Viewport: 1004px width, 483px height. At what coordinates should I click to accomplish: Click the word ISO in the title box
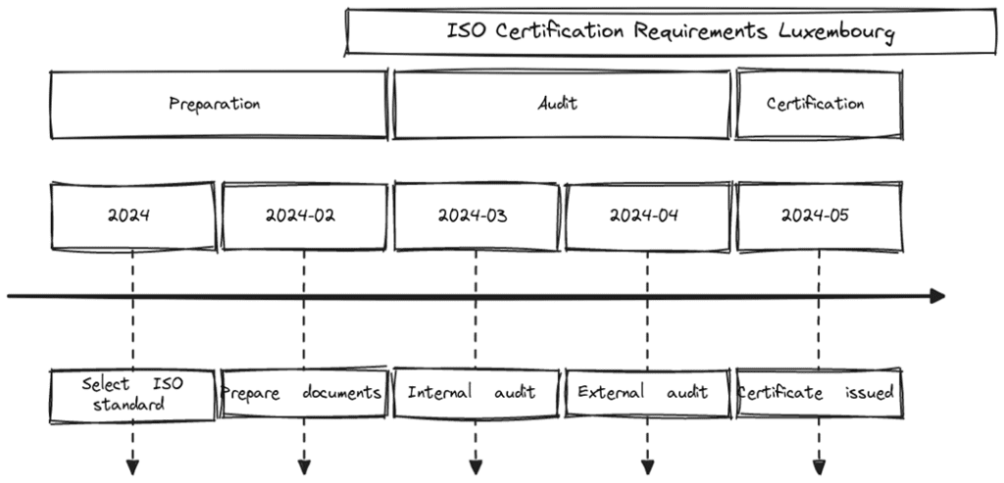pos(467,30)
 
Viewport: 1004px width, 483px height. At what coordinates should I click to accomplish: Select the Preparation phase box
pos(217,104)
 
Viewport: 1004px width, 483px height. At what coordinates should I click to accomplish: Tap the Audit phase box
pos(561,104)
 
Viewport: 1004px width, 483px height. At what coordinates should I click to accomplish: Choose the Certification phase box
pos(819,104)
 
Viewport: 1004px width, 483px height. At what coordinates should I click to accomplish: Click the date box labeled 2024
pos(131,216)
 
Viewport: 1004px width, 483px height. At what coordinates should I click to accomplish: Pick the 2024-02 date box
pos(304,216)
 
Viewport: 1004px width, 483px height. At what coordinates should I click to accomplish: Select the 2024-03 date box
pos(476,216)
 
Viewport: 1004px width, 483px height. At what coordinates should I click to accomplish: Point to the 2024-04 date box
pos(647,216)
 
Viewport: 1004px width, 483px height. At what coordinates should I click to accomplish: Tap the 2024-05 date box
pos(819,216)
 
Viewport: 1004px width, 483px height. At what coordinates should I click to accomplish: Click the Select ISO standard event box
pos(131,394)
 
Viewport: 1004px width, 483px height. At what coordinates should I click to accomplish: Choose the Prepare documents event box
pos(304,394)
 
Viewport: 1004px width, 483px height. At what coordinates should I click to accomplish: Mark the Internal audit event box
pos(476,394)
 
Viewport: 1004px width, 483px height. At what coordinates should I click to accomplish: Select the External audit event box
pos(647,394)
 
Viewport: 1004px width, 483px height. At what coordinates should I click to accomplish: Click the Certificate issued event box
pos(819,394)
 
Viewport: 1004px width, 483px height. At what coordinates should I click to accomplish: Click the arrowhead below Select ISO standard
pos(132,466)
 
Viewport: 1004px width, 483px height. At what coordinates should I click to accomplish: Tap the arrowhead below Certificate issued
pos(819,466)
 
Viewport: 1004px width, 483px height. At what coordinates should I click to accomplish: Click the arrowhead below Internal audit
pos(476,466)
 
